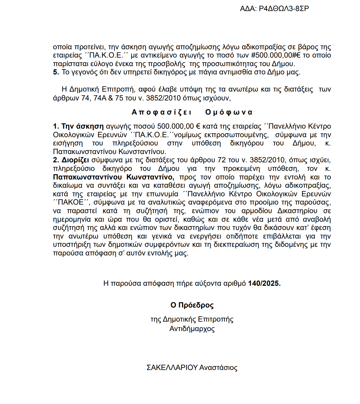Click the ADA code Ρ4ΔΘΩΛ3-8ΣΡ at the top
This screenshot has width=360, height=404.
[284, 9]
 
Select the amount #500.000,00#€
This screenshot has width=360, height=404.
[276, 55]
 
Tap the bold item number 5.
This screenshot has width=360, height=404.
[56, 72]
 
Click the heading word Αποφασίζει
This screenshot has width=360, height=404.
[162, 112]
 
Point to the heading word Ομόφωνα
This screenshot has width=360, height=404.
[229, 112]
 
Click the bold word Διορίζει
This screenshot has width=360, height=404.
[75, 160]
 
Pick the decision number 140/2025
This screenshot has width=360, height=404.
[264, 283]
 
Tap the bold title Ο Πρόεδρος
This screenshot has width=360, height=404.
[192, 305]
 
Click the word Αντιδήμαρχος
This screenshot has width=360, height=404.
[192, 329]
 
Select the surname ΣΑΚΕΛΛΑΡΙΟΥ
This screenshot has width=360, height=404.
[172, 368]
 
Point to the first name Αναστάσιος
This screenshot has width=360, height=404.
[219, 368]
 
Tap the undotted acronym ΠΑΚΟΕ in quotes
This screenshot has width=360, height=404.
[71, 202]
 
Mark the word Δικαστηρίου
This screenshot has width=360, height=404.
[297, 211]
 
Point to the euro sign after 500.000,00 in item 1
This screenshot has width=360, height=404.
[198, 126]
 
